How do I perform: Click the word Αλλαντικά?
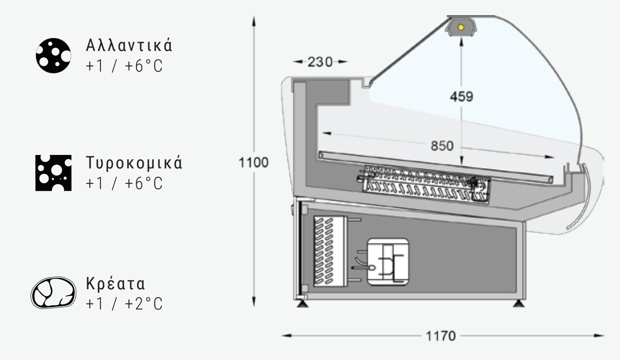coord(129,45)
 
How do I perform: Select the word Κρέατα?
coord(115,283)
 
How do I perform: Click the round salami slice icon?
coord(53,56)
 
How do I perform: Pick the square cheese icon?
coord(53,173)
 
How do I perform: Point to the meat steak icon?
coord(53,293)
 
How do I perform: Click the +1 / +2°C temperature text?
coord(124,304)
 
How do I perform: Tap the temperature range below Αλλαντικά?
coord(124,66)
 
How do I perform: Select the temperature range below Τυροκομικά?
coord(124,183)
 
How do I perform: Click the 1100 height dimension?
coord(253,162)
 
